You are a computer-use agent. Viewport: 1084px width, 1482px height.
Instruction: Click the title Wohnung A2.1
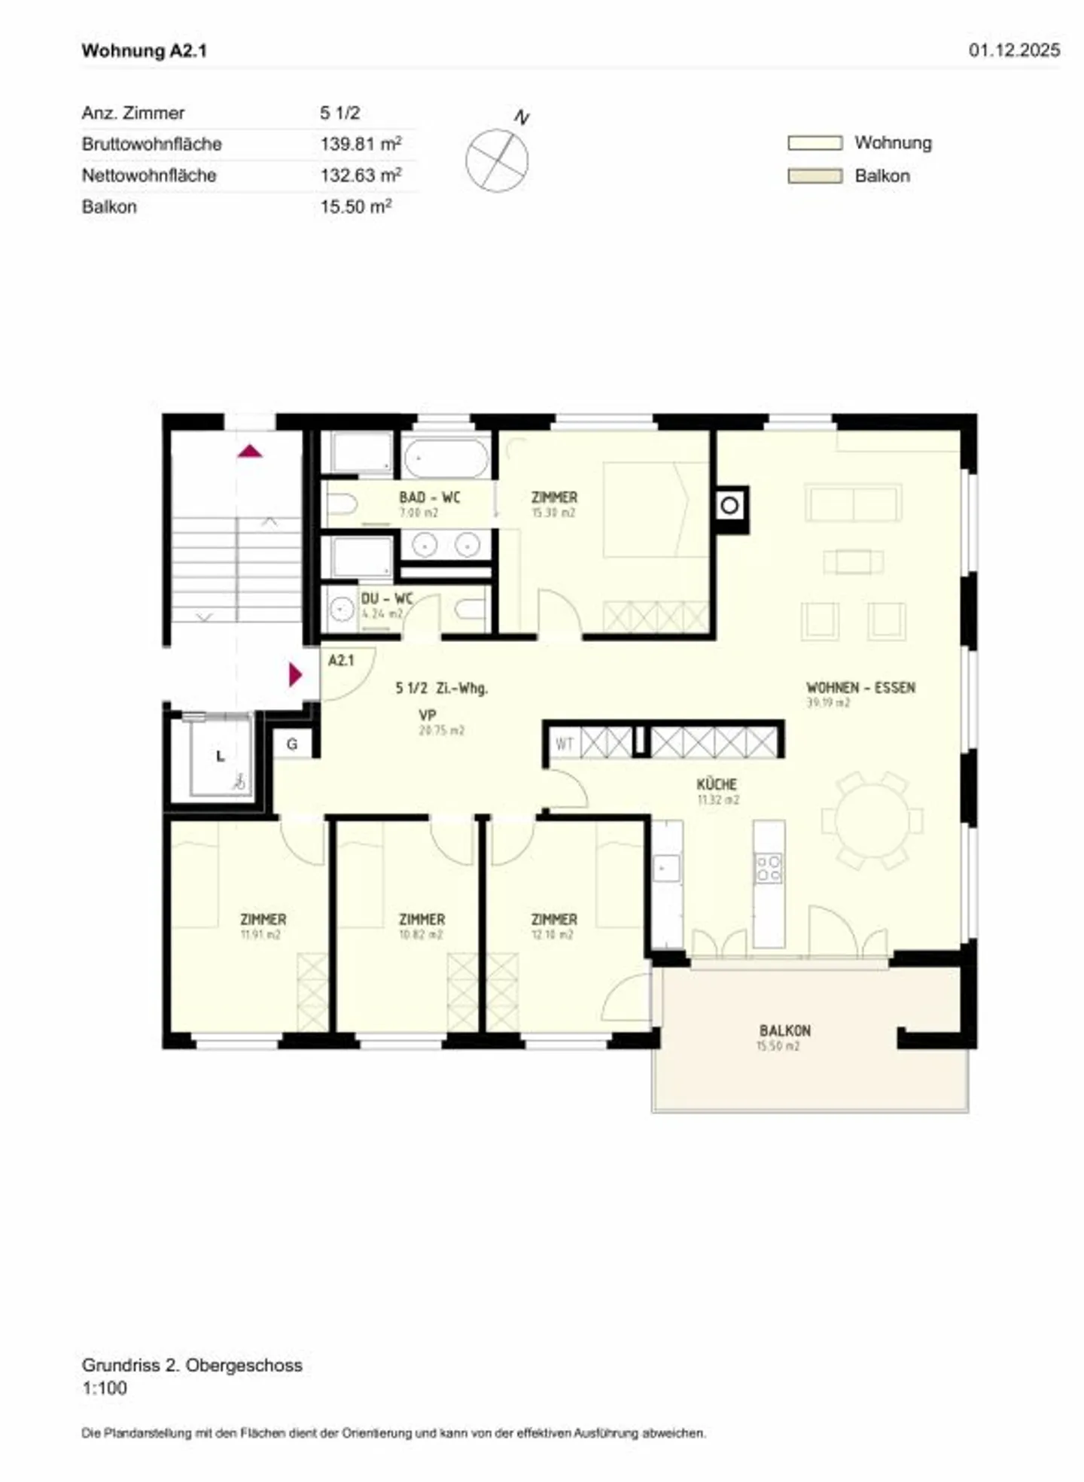pyautogui.click(x=144, y=50)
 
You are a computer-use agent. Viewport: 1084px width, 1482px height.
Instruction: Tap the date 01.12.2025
pyautogui.click(x=1014, y=50)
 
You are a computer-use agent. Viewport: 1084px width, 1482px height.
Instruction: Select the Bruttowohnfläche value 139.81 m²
pyautogui.click(x=361, y=143)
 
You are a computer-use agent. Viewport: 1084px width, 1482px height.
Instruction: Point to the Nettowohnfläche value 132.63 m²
pyautogui.click(x=361, y=175)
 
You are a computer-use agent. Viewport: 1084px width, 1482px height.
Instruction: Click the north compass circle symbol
pyautogui.click(x=497, y=160)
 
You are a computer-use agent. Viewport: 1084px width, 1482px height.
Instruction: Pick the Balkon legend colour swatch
pyautogui.click(x=815, y=176)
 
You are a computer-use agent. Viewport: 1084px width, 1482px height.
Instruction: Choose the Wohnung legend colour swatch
pyautogui.click(x=815, y=143)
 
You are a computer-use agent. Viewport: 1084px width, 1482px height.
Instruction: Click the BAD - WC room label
pyautogui.click(x=429, y=498)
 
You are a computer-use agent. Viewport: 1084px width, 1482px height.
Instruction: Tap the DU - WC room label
pyautogui.click(x=387, y=599)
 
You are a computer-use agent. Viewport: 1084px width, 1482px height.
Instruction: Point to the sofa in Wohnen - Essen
pyautogui.click(x=853, y=503)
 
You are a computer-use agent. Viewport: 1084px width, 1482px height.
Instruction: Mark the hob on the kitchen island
pyautogui.click(x=769, y=868)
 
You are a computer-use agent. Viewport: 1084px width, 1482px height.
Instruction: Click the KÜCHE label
pyautogui.click(x=717, y=784)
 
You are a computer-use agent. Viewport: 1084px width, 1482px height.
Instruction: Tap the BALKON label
pyautogui.click(x=784, y=1030)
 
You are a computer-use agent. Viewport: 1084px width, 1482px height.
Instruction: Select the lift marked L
pyautogui.click(x=220, y=756)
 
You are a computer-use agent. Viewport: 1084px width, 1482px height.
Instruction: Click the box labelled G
pyautogui.click(x=292, y=744)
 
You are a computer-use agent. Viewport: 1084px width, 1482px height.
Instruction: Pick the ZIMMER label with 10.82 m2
pyautogui.click(x=422, y=920)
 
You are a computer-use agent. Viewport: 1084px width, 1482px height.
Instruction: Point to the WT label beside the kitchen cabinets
pyautogui.click(x=564, y=744)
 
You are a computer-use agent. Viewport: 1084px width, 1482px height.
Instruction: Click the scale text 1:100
pyautogui.click(x=105, y=1388)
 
